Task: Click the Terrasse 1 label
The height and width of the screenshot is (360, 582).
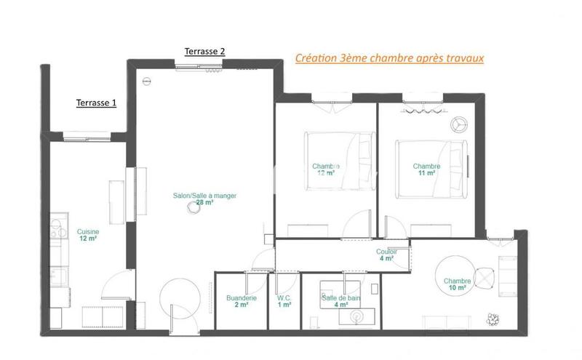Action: [x=97, y=103]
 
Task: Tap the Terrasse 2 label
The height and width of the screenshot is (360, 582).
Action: [x=204, y=51]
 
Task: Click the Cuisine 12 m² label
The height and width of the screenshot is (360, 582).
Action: [x=88, y=235]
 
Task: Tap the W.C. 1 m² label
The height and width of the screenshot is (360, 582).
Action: [x=284, y=301]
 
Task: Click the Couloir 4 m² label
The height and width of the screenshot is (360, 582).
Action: [x=386, y=255]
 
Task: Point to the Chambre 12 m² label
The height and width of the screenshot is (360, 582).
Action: [x=325, y=169]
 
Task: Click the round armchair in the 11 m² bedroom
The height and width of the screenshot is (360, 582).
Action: [x=458, y=124]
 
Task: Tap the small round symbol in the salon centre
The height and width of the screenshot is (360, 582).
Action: [x=194, y=207]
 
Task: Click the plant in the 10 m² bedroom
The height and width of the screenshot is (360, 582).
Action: [x=495, y=318]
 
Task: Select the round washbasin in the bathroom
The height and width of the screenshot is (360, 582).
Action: [x=357, y=316]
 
